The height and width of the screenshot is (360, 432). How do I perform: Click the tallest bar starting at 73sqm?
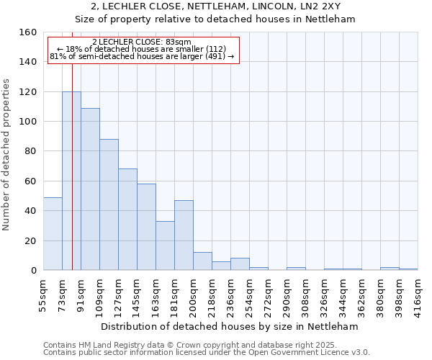(x=71, y=181)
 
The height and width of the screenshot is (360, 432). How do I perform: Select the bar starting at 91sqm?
(x=90, y=189)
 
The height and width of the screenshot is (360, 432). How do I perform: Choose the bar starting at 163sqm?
(x=165, y=246)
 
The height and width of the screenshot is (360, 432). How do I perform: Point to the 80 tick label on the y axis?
(x=30, y=152)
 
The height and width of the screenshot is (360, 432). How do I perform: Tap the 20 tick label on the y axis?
(x=30, y=241)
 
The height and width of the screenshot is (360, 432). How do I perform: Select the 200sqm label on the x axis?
(x=193, y=294)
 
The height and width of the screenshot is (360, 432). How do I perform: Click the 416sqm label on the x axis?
(x=418, y=294)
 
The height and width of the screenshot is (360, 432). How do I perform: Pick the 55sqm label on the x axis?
(x=43, y=294)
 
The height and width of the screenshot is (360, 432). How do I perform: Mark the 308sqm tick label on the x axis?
(x=306, y=294)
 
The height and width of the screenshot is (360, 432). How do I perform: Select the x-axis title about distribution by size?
(x=231, y=326)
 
